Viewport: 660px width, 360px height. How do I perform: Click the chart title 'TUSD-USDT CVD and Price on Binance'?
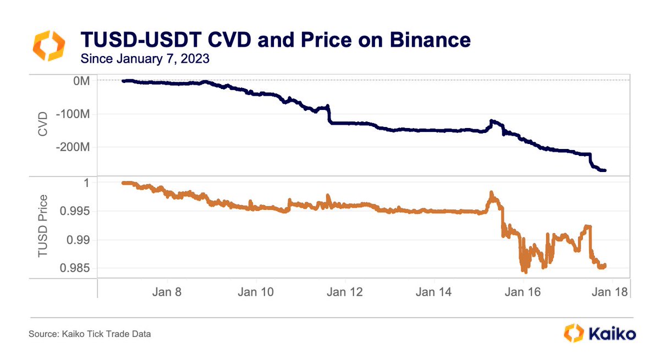[x=275, y=41]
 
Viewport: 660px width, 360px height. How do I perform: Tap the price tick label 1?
[x=87, y=182]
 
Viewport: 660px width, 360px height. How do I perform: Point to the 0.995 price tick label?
[x=77, y=211]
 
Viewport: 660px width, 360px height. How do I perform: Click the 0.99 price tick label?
[x=80, y=240]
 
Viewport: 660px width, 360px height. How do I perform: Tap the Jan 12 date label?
[x=344, y=292]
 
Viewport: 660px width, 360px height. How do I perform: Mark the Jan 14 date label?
[x=433, y=292]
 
